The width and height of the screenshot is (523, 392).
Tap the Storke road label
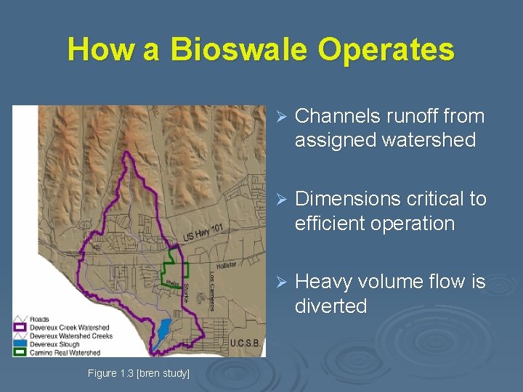[186, 291]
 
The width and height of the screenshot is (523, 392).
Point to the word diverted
[331, 306]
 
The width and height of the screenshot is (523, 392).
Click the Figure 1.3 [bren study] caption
[138, 373]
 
